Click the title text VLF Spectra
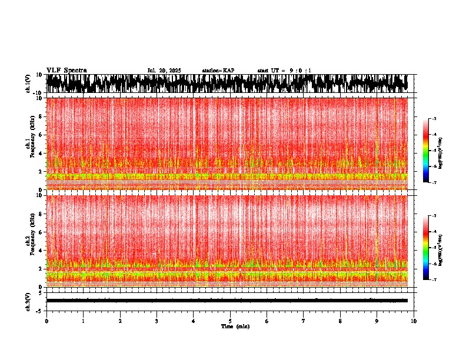(x=66, y=70)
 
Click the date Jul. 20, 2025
(x=164, y=71)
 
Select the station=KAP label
(x=218, y=71)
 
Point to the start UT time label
(x=284, y=71)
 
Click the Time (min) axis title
(x=235, y=326)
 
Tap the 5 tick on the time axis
(x=230, y=321)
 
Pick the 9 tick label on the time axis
(x=377, y=321)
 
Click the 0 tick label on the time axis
(x=46, y=321)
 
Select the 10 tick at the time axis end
(x=414, y=321)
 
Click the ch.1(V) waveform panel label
(x=28, y=84)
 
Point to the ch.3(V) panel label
(x=28, y=301)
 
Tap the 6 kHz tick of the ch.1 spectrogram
(x=41, y=135)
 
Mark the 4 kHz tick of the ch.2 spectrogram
(x=41, y=250)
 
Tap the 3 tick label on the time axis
(x=157, y=321)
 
